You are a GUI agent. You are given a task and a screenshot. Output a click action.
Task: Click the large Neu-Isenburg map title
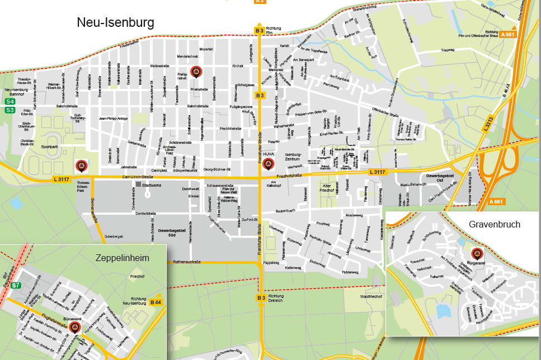[x=115, y=22]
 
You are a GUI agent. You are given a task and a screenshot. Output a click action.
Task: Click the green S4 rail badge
[x=10, y=102]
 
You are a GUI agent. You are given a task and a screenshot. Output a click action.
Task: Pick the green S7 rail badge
[x=16, y=286]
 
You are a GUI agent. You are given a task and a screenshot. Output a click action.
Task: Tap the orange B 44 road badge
[x=156, y=302]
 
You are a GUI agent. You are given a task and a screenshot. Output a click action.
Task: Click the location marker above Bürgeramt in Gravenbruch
[x=477, y=253]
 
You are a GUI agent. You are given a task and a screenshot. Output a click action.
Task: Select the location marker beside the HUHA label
[x=269, y=163]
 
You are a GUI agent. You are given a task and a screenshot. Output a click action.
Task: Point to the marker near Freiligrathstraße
[x=196, y=72]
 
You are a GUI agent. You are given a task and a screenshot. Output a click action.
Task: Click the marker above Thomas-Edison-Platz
[x=81, y=166]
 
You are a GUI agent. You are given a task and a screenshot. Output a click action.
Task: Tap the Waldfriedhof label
[x=370, y=296]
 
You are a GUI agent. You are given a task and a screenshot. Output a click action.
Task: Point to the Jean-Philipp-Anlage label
[x=114, y=119]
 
